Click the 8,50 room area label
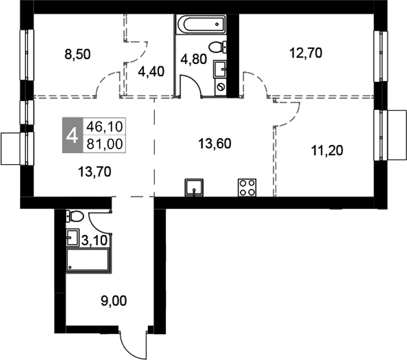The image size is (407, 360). coord(77,55)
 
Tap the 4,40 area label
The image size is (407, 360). coord(151,71)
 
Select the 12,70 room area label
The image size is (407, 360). coord(306,53)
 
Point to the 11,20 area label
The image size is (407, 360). coord(327,150)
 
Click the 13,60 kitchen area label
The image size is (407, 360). coord(214,143)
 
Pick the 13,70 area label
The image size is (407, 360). coord(94,172)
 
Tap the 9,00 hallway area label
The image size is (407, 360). coord(113,301)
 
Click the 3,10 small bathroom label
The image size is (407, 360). coord(94,241)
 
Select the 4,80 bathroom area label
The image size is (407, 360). coord(193,59)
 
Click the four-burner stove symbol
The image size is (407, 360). coord(247,187)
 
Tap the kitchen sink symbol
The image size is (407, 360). coord(194,188)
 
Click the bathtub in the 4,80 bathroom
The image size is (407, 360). coord(200,24)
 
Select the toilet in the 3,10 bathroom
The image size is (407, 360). coord(74,216)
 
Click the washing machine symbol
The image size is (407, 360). coord(221,87)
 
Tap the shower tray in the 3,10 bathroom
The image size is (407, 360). coord(88,260)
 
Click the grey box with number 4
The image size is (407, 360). coord(73,135)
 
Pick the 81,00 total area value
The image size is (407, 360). coord(104,144)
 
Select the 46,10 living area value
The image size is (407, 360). coord(104,127)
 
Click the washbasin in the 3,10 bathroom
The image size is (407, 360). coord(73,237)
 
